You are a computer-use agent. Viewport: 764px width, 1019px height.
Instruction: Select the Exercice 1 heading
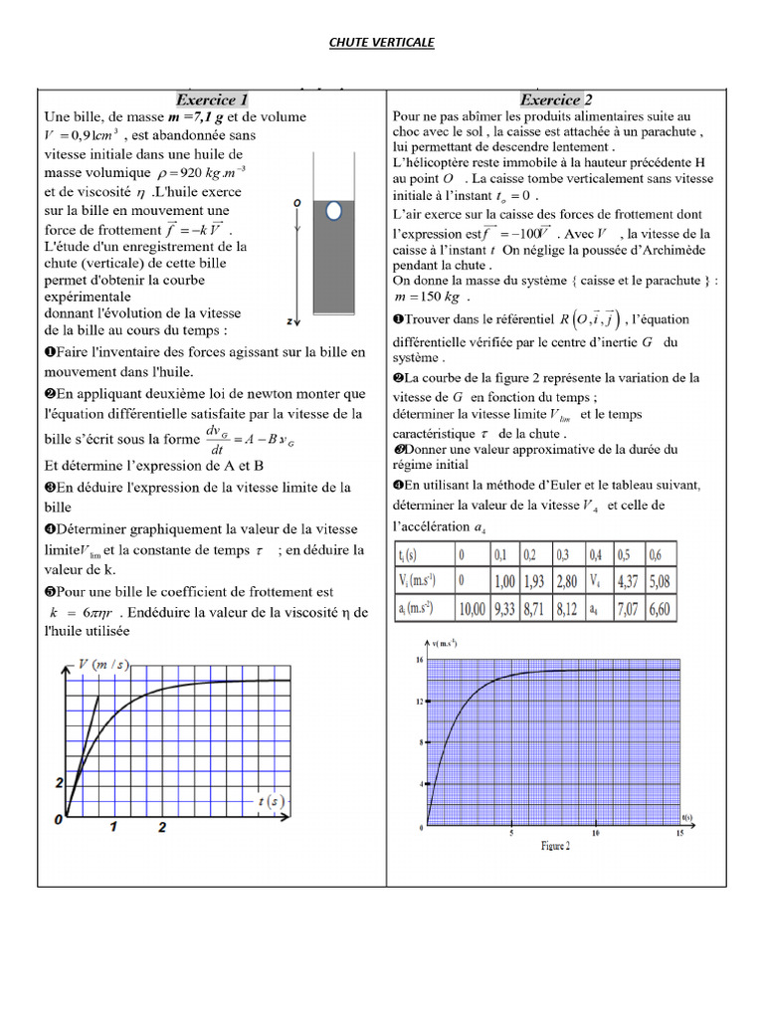pyautogui.click(x=212, y=100)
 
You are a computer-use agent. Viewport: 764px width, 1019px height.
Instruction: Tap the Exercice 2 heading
pyautogui.click(x=556, y=100)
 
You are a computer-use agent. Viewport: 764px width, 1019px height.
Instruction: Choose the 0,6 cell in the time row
pyautogui.click(x=655, y=552)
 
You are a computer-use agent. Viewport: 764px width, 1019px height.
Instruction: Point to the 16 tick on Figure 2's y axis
pyautogui.click(x=419, y=660)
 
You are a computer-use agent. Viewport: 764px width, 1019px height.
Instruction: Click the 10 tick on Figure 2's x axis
pyautogui.click(x=594, y=834)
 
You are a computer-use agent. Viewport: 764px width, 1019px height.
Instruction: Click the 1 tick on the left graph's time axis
pyautogui.click(x=113, y=826)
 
